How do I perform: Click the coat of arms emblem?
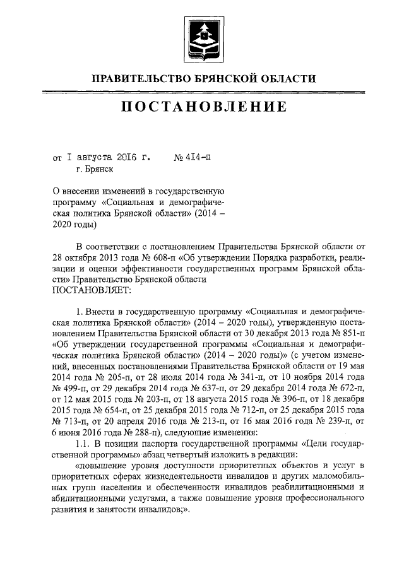204,37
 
